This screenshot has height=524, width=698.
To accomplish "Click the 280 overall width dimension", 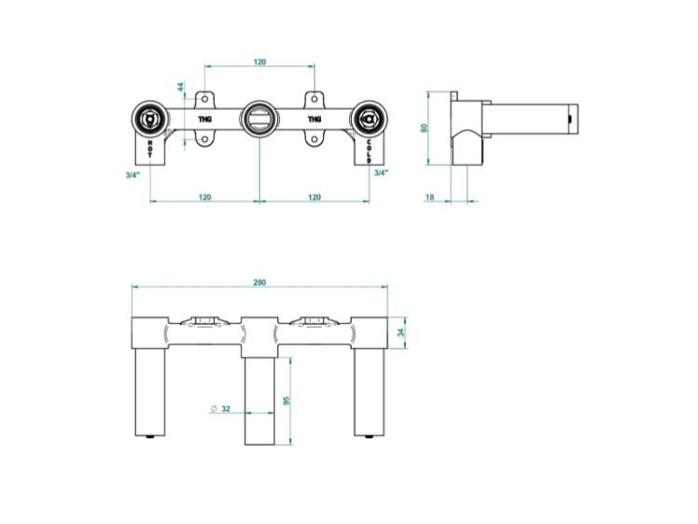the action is [260, 282].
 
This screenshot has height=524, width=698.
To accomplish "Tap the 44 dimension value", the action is [181, 87].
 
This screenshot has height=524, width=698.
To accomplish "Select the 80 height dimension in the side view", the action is [424, 128].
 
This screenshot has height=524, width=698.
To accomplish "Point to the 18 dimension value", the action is [430, 196].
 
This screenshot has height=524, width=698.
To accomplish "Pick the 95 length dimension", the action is [287, 401].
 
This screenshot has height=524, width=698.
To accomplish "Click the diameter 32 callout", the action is [221, 409].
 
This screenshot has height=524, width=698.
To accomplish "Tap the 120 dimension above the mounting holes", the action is [260, 61].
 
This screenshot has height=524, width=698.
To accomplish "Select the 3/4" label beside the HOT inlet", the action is [133, 175].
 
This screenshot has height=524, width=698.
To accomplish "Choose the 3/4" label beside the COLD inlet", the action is [381, 173].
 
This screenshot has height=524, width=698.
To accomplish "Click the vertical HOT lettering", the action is [151, 149].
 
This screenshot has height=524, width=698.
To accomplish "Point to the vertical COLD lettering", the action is [369, 151].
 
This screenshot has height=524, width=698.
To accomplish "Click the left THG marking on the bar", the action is [205, 119].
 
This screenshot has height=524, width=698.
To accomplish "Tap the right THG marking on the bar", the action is [315, 119].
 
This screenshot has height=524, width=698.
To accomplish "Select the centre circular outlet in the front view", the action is [260, 119].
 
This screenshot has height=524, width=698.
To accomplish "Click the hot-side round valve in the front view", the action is [150, 119].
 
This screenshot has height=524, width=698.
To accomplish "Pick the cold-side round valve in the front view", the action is [369, 119].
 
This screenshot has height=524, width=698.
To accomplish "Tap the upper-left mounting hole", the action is [205, 98].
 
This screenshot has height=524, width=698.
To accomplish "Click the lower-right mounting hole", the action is [315, 140].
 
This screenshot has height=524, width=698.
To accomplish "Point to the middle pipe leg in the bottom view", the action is [260, 401].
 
